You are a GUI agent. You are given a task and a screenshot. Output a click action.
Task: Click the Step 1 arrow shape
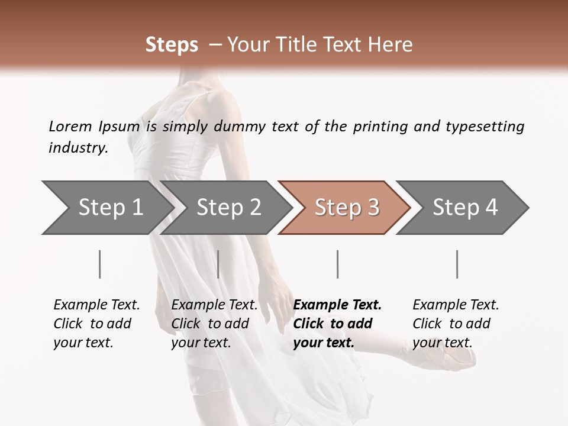106,208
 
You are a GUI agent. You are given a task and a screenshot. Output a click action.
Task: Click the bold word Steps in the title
172,45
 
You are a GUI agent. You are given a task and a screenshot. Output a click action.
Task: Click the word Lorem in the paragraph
70,127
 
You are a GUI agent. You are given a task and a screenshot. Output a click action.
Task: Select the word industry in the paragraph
78,148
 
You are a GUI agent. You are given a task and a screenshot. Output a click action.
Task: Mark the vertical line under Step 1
100,264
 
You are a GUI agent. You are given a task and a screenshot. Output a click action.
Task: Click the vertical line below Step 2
218,264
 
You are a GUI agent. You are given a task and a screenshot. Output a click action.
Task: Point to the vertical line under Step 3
337,264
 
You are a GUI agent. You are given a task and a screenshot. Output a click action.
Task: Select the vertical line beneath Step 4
457,264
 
